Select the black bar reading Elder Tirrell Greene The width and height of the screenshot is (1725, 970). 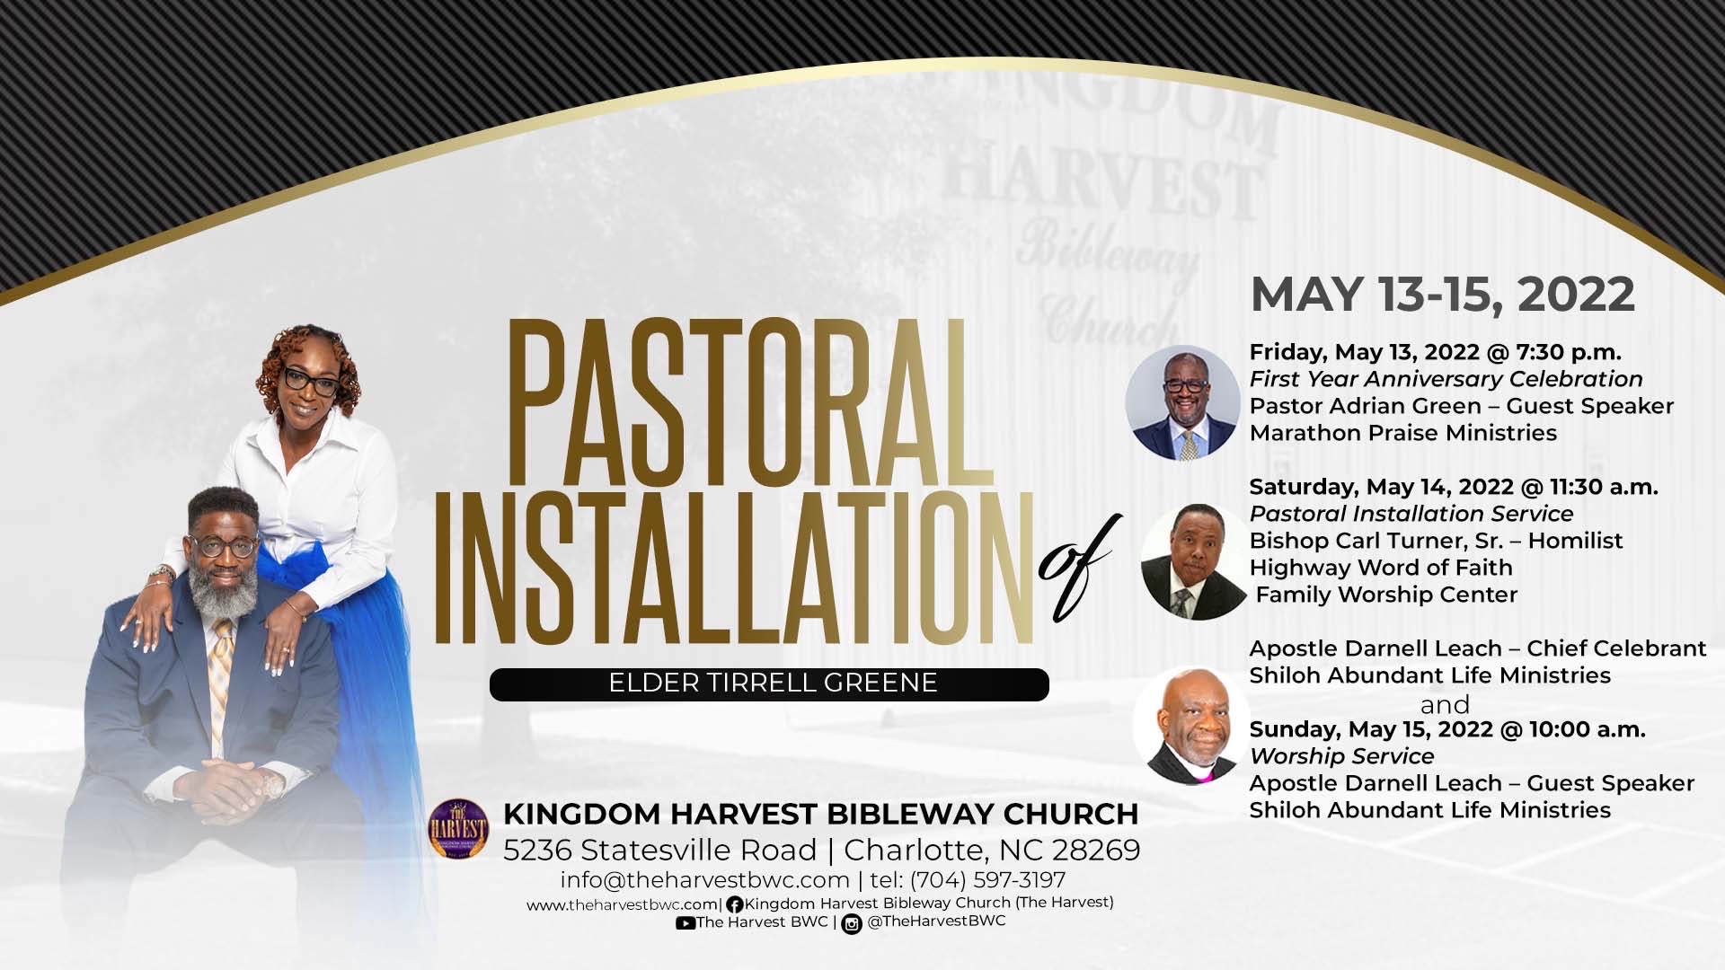[x=769, y=683]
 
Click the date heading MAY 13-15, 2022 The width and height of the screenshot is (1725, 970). [x=1442, y=295]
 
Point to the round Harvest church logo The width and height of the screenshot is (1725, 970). [x=458, y=827]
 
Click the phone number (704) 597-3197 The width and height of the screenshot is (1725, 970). [x=987, y=879]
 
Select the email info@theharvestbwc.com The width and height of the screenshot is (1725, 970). [x=704, y=879]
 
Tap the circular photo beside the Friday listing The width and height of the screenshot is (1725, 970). [x=1182, y=401]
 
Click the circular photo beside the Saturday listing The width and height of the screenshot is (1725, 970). [x=1193, y=561]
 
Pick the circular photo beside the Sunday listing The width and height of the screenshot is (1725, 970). [x=1190, y=726]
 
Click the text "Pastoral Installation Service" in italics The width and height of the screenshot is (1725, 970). [x=1411, y=514]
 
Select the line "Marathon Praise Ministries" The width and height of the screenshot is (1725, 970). [x=1402, y=433]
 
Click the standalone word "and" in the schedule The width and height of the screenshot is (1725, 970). [x=1445, y=704]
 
